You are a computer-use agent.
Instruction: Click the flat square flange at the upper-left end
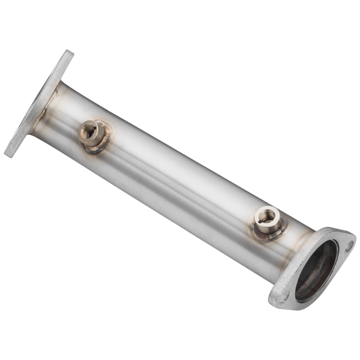pos(37,105)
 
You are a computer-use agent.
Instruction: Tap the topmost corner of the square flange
pos(68,52)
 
